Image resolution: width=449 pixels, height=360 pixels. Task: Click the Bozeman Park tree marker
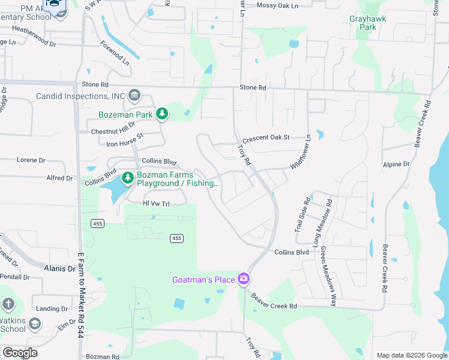(x=161, y=113)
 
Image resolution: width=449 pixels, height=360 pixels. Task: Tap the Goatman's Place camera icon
(x=243, y=279)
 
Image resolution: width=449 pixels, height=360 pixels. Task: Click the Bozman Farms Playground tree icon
(x=127, y=178)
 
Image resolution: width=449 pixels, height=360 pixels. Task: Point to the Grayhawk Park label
(x=368, y=23)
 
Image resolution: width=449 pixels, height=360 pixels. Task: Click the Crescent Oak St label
(x=265, y=137)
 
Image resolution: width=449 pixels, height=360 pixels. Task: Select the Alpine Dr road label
(x=396, y=164)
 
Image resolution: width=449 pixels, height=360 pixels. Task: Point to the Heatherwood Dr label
(x=34, y=28)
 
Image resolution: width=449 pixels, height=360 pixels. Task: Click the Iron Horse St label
(x=125, y=140)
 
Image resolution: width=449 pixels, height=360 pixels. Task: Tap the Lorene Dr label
(x=31, y=160)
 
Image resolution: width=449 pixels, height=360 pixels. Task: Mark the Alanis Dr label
(x=60, y=269)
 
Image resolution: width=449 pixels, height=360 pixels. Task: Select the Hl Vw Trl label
(x=157, y=204)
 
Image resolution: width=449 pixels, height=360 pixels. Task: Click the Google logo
(x=20, y=353)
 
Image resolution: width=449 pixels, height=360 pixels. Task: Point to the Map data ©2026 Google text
(x=411, y=355)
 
